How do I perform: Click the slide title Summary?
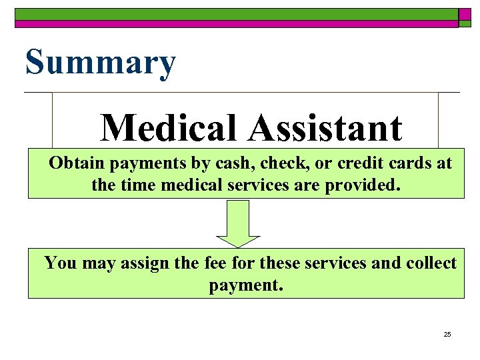point(100,63)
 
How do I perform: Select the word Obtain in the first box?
point(77,163)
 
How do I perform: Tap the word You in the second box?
point(61,263)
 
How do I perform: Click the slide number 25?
point(447,334)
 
